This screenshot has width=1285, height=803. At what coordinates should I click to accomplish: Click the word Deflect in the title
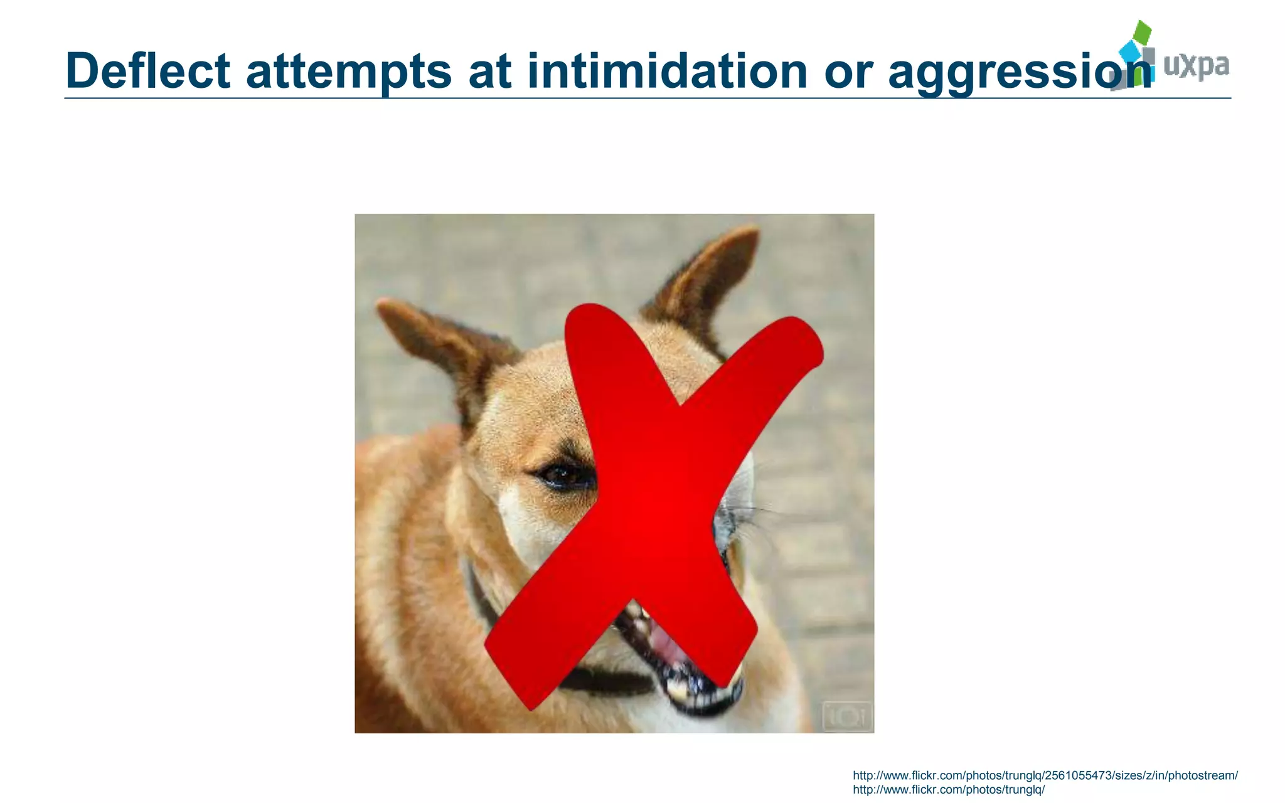[147, 70]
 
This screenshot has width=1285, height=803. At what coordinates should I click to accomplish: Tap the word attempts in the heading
[348, 72]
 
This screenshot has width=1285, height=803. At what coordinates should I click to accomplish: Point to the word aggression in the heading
[1020, 72]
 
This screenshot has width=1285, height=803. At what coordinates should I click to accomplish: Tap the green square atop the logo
[1143, 32]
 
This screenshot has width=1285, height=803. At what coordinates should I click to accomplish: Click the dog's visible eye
[563, 475]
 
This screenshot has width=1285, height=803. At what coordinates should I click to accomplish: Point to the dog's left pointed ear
[439, 339]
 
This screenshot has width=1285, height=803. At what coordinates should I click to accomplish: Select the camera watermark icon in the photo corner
[847, 716]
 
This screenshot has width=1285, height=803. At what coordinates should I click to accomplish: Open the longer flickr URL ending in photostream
[1045, 776]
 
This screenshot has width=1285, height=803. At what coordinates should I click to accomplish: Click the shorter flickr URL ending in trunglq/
[948, 790]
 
